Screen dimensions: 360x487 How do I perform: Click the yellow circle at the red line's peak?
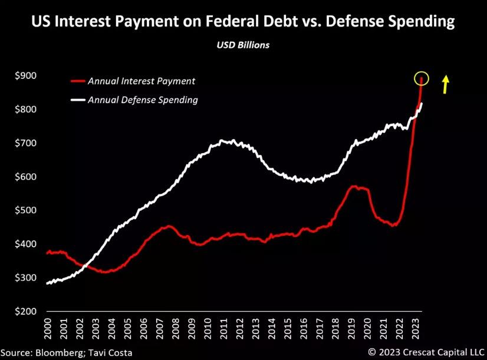[x=421, y=78]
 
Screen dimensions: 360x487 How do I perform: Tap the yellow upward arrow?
[x=446, y=84]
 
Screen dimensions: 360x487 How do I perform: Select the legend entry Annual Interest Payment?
[x=141, y=81]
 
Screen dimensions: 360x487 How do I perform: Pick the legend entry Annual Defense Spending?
[x=143, y=100]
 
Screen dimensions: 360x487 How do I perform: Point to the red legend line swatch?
[x=77, y=81]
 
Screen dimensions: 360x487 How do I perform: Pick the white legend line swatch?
[x=77, y=100]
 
